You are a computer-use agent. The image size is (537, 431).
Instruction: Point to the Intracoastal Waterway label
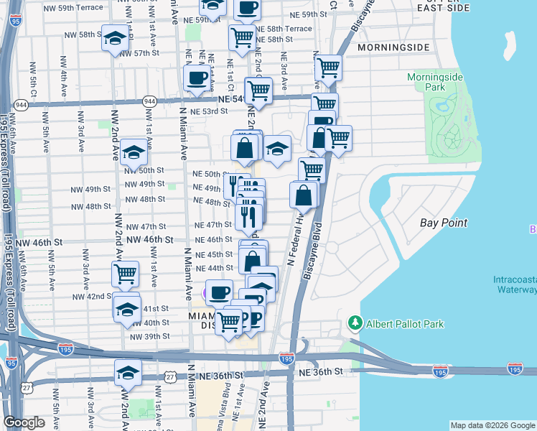(515, 284)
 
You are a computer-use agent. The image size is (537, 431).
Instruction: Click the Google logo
(24, 422)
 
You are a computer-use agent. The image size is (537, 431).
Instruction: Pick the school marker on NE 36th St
(127, 373)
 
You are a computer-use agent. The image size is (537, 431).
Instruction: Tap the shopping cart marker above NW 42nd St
(125, 274)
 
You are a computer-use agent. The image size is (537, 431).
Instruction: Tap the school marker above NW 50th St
(133, 153)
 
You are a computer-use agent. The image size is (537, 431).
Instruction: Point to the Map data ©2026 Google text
(492, 425)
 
